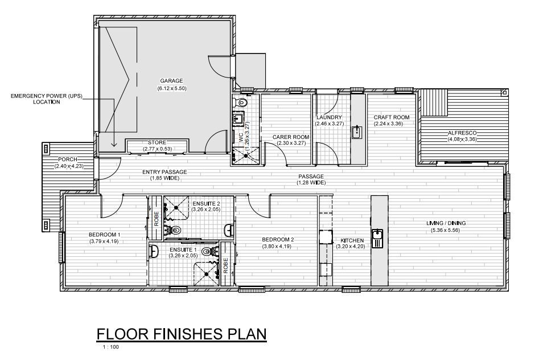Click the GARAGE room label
pyautogui.click(x=172, y=81)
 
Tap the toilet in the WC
pyautogui.click(x=241, y=101)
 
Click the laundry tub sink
pyautogui.click(x=357, y=132)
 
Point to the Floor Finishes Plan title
pyautogui.click(x=182, y=334)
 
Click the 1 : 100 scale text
pyautogui.click(x=111, y=347)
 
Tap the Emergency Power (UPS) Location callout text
pyautogui.click(x=47, y=99)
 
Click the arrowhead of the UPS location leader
pyautogui.click(x=114, y=145)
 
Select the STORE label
pyautogui.click(x=157, y=142)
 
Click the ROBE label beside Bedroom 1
pyautogui.click(x=157, y=219)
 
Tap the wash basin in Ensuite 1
pyautogui.click(x=154, y=251)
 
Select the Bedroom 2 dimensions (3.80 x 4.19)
pyautogui.click(x=277, y=246)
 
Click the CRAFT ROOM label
pyautogui.click(x=392, y=117)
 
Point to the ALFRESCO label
pyautogui.click(x=462, y=133)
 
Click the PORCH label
pyautogui.click(x=68, y=159)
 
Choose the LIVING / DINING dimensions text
pyautogui.click(x=445, y=230)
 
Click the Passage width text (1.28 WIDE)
pyautogui.click(x=311, y=183)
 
